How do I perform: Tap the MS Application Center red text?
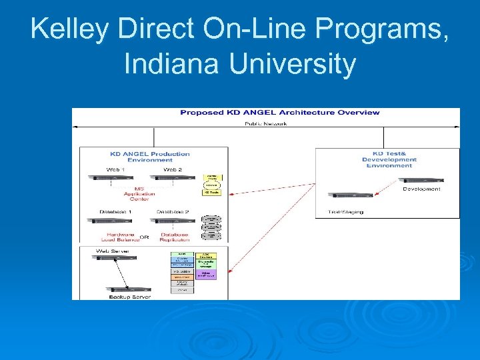[139, 193]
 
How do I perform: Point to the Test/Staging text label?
[346, 211]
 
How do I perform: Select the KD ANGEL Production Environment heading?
[150, 157]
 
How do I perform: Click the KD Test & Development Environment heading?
[389, 159]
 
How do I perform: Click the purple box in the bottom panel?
[211, 273]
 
